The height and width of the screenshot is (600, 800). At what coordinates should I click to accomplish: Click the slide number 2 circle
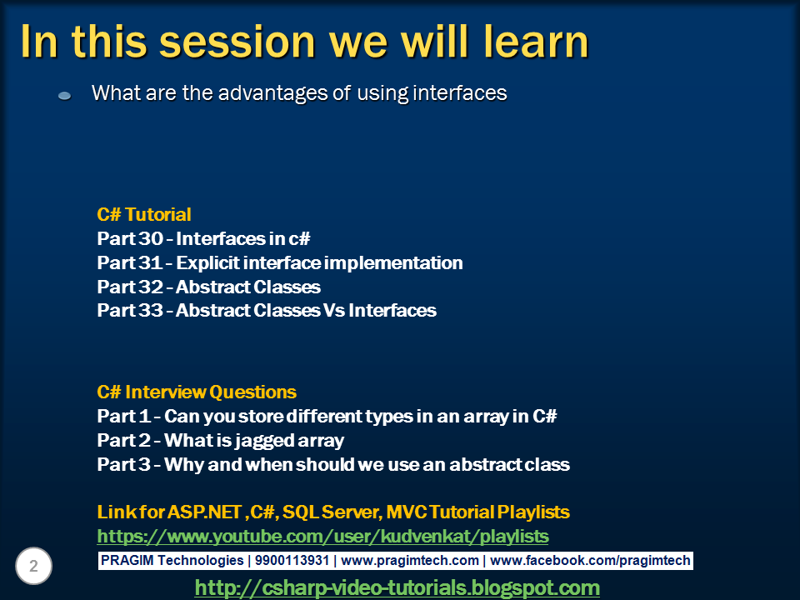click(33, 566)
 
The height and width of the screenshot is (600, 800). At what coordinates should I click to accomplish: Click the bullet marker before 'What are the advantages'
click(65, 95)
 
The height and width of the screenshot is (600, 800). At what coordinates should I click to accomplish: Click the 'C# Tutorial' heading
click(144, 214)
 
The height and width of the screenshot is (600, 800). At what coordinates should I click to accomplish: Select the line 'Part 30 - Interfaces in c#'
click(203, 238)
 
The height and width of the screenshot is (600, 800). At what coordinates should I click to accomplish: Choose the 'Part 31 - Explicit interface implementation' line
click(280, 262)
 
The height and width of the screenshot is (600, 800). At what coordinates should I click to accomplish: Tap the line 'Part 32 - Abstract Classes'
click(208, 287)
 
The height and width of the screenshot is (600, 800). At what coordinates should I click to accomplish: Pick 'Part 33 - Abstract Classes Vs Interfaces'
click(267, 310)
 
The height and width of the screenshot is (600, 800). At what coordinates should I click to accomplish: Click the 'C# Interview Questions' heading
click(197, 392)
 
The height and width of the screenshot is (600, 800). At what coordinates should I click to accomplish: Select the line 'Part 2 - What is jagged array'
click(220, 440)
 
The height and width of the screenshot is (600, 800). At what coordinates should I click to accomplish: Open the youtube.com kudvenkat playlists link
click(323, 536)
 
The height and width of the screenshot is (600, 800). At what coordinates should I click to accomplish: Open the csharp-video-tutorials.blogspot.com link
click(397, 587)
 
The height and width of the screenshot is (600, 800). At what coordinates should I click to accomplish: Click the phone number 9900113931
click(292, 560)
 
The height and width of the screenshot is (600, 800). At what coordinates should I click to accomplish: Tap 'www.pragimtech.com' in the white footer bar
click(410, 561)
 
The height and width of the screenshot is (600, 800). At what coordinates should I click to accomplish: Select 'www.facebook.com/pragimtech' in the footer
click(590, 561)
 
